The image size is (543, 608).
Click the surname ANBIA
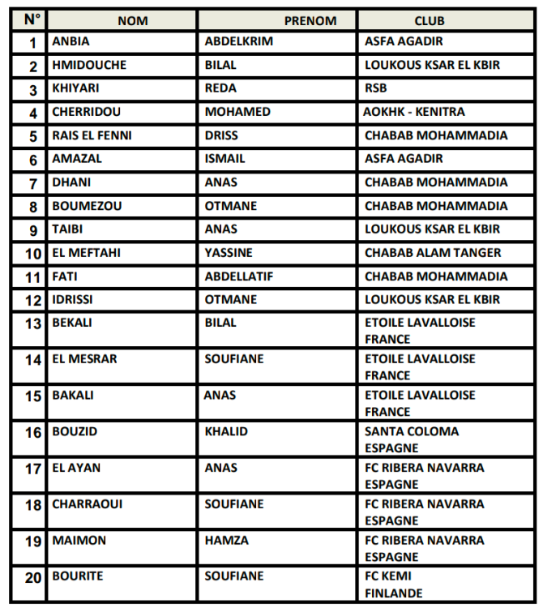tap(71, 41)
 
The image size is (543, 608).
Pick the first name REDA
tap(220, 88)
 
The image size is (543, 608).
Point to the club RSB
tap(376, 88)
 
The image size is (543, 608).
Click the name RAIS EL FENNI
tap(92, 135)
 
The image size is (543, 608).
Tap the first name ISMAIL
tap(224, 159)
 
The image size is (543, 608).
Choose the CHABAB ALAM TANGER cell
tap(433, 253)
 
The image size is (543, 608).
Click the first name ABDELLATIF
tap(239, 276)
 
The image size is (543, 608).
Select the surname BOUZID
tap(75, 432)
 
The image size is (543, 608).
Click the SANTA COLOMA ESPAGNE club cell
tap(411, 439)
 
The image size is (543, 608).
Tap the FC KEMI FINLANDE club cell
tap(394, 584)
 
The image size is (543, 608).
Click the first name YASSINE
tap(229, 253)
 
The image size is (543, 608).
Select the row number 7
tap(33, 182)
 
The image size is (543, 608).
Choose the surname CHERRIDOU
tap(82, 112)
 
